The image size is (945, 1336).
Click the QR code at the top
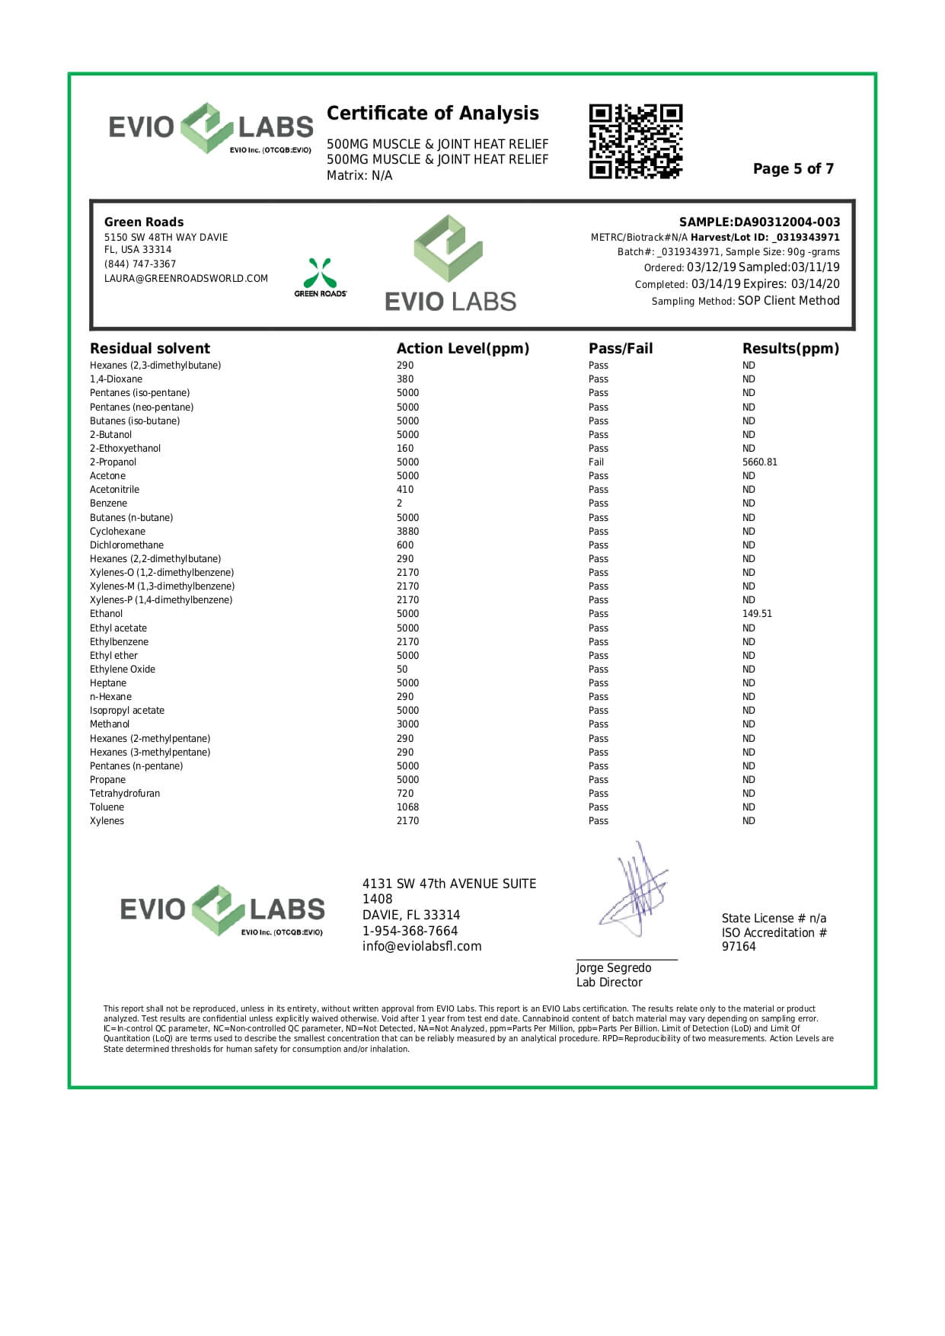tap(635, 142)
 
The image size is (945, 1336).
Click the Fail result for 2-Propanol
tap(596, 462)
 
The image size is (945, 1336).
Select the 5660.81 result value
tap(760, 462)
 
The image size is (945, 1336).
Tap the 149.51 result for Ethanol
tap(757, 614)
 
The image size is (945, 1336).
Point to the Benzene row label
tap(108, 503)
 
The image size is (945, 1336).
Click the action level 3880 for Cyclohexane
tap(407, 532)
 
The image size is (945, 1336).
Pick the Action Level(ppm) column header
tap(462, 349)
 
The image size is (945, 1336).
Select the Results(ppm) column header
tap(790, 349)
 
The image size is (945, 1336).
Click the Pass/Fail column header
tap(621, 349)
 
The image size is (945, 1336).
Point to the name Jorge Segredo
tap(613, 968)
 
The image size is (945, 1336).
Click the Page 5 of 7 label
tap(793, 169)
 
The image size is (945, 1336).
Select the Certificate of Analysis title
tap(433, 113)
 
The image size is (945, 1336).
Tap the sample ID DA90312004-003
tap(787, 222)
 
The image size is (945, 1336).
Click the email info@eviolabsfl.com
tap(422, 947)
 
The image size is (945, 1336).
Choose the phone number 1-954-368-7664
tap(410, 932)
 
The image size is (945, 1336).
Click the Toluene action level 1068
tap(407, 807)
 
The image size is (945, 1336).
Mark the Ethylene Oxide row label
tap(122, 670)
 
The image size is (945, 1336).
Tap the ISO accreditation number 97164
tap(739, 947)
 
